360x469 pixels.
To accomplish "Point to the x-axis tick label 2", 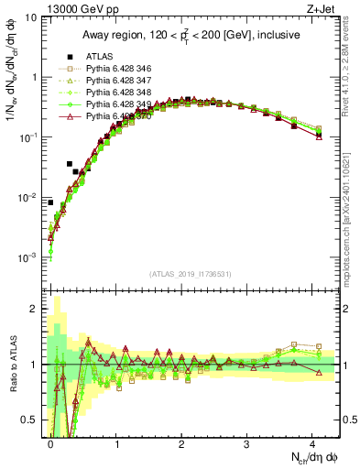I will (x=181, y=442).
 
